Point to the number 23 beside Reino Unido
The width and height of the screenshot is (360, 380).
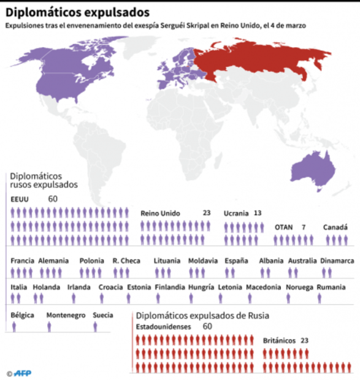click(206, 213)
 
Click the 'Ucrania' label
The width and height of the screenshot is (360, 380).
click(236, 213)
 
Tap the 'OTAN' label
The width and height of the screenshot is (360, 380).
click(283, 227)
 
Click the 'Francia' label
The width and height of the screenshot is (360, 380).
click(22, 260)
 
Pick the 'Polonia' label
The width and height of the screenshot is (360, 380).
click(91, 260)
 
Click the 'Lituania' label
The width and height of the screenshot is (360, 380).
click(167, 260)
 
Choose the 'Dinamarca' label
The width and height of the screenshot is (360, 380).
click(337, 260)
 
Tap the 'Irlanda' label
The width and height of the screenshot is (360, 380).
click(79, 287)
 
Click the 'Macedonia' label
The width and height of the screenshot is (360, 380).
click(263, 287)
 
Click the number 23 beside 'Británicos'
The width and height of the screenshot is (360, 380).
click(304, 340)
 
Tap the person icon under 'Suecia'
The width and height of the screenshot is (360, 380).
click(95, 327)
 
